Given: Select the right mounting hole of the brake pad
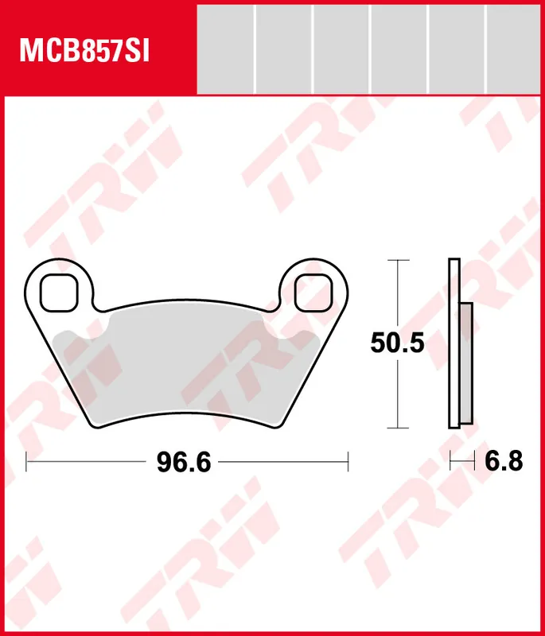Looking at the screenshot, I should click(x=313, y=292).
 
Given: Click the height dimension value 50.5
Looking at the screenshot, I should click(x=397, y=343).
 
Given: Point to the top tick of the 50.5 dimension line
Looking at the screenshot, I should click(x=397, y=260).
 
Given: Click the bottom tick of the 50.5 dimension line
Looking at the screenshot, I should click(x=397, y=428).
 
